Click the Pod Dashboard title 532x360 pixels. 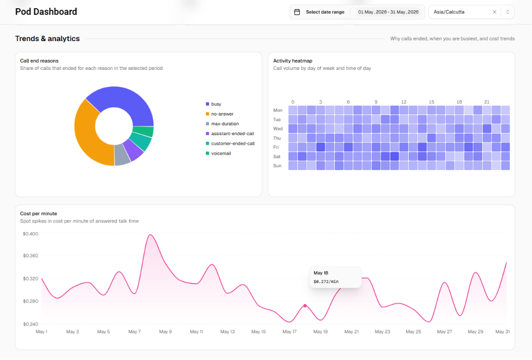tap(46, 12)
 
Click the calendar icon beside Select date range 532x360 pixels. tap(297, 12)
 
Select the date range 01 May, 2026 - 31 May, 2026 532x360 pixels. tap(388, 12)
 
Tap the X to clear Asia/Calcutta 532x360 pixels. tap(495, 12)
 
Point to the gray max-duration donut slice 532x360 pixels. tap(122, 156)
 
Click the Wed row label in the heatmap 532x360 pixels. tap(278, 129)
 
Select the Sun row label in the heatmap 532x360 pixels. tap(277, 166)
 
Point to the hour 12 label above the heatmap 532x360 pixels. tap(404, 102)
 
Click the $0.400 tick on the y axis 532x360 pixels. tap(30, 234)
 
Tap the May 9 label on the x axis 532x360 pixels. tap(165, 332)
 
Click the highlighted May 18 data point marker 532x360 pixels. tap(305, 306)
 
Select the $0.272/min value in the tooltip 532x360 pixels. tap(326, 281)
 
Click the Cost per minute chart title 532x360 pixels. tap(39, 214)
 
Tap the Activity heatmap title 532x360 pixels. tap(293, 61)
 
